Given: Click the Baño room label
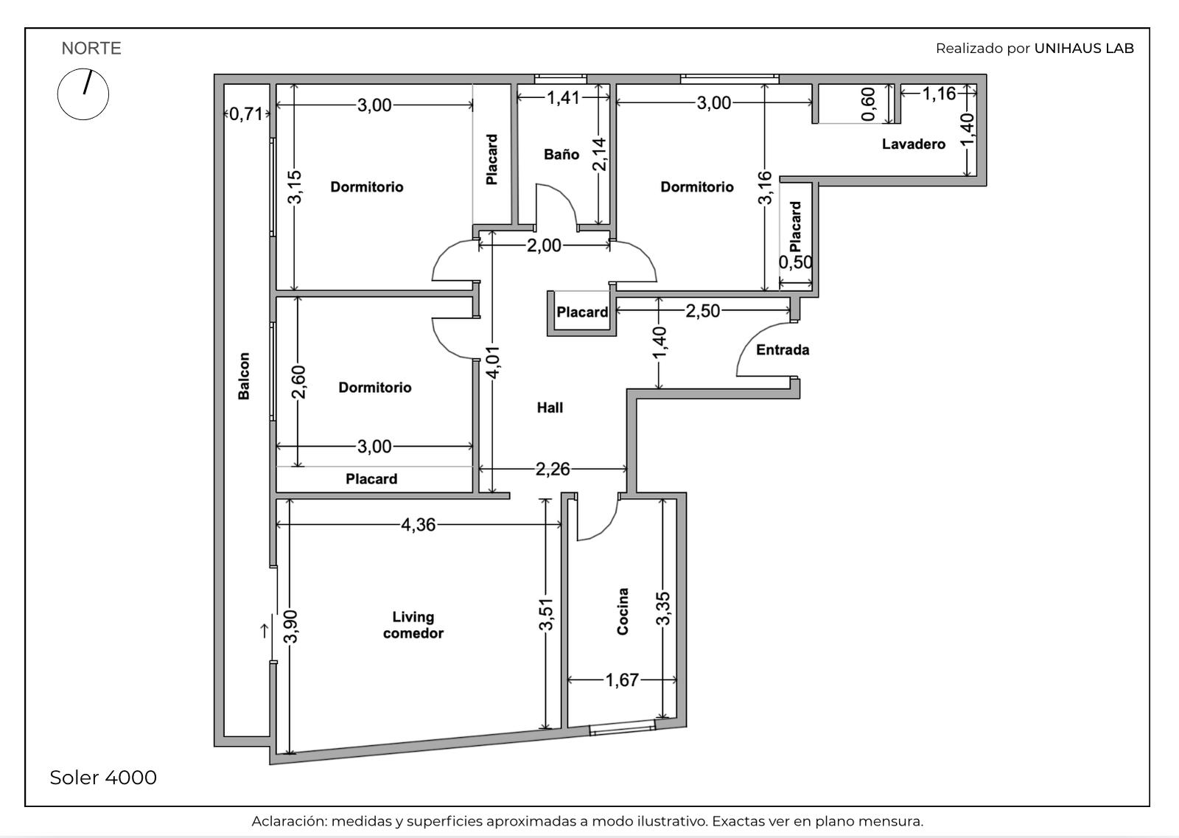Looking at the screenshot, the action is click(x=561, y=154).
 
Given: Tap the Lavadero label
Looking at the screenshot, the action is click(x=913, y=144).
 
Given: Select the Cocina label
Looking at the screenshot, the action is click(x=622, y=612).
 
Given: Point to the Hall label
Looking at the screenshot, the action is click(x=550, y=408).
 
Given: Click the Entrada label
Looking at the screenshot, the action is click(x=782, y=349).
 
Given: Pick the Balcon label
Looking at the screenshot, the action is click(x=244, y=376).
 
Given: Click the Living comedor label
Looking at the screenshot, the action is click(x=413, y=625).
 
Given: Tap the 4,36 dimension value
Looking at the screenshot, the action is click(x=419, y=525).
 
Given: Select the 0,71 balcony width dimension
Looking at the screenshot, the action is click(x=246, y=114).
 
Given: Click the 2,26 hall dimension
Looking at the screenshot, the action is click(x=553, y=469).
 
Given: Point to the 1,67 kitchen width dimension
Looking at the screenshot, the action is click(x=622, y=680).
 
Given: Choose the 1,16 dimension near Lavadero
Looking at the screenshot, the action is click(x=939, y=94).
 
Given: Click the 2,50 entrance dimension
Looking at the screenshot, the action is click(x=703, y=310).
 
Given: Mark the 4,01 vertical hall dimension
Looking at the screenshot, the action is click(x=493, y=362).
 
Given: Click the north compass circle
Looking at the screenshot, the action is click(x=83, y=94).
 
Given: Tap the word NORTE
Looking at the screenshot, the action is click(x=91, y=49).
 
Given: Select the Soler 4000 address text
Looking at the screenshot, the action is click(x=103, y=778).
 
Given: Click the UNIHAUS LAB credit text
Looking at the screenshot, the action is click(x=1084, y=49).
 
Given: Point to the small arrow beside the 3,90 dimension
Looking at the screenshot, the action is click(x=265, y=631).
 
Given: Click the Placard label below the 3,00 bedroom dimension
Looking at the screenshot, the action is click(x=371, y=479).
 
